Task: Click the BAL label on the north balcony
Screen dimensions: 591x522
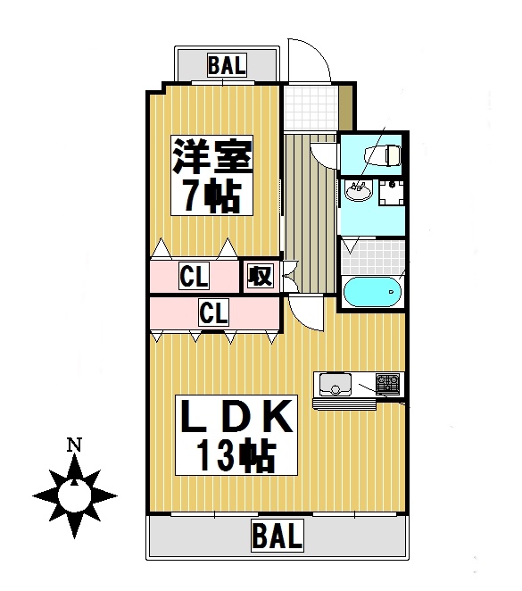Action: click(x=228, y=64)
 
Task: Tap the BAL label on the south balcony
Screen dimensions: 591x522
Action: click(x=278, y=537)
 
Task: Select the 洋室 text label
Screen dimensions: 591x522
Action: click(x=212, y=157)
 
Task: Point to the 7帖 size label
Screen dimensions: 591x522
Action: click(x=212, y=196)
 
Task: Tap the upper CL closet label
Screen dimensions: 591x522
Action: click(x=194, y=277)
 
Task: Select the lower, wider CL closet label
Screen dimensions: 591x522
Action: click(x=214, y=313)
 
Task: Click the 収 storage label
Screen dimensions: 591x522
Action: click(x=261, y=276)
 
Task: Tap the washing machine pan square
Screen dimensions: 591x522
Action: click(x=392, y=192)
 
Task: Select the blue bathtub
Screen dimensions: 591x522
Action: click(x=371, y=292)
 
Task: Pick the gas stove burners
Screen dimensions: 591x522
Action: click(x=388, y=385)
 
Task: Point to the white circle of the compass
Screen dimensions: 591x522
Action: click(x=75, y=494)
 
